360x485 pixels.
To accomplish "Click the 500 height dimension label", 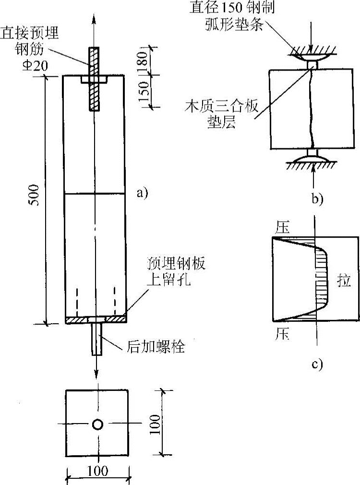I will pos(34,199).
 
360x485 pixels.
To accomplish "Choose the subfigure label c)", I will pos(316,364).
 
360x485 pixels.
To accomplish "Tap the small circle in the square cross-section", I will pos(97,424).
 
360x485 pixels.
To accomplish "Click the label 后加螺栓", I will pos(156,346).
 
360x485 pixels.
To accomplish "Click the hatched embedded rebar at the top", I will pos(93,79).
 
